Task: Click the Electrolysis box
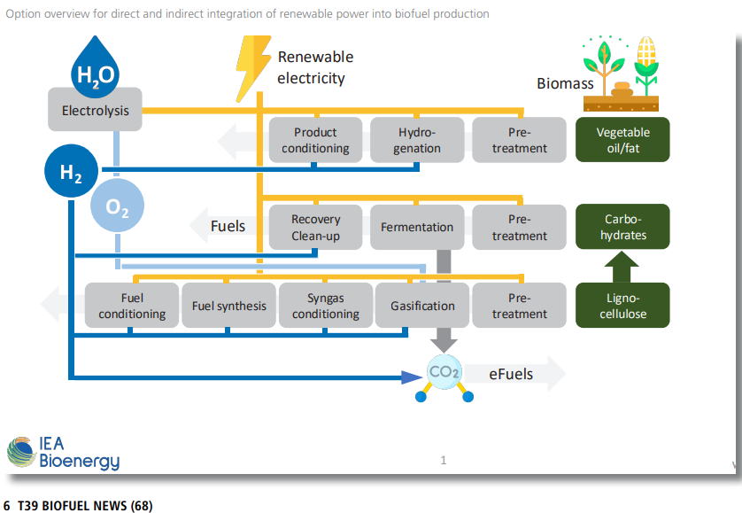(x=95, y=111)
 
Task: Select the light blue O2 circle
(x=117, y=207)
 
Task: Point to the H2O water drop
(x=95, y=67)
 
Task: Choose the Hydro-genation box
(x=417, y=140)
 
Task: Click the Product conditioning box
(x=315, y=140)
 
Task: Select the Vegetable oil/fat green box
(x=622, y=140)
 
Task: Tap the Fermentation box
(x=417, y=227)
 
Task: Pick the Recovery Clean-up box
(x=315, y=227)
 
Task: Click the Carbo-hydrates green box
(x=622, y=227)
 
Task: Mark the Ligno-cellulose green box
(x=622, y=306)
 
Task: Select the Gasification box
(x=422, y=306)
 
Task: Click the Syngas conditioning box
(x=326, y=306)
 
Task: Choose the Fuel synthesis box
(x=228, y=306)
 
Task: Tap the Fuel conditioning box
(x=132, y=306)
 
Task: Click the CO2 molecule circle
(x=444, y=373)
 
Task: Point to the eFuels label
(x=511, y=374)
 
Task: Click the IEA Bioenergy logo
(x=63, y=452)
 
